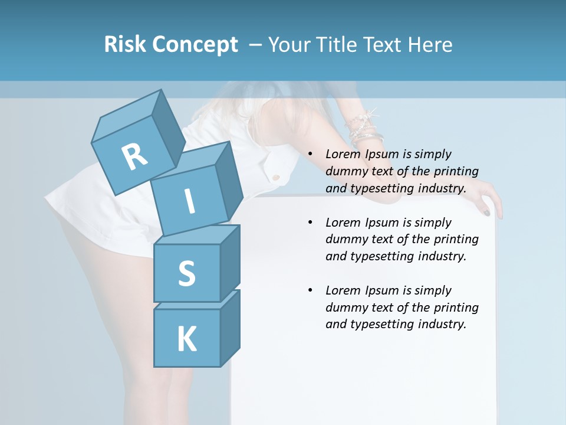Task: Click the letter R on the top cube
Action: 134,157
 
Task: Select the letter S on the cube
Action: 186,273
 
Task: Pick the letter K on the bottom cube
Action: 186,339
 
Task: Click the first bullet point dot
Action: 311,155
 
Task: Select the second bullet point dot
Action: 311,223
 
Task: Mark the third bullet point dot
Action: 311,290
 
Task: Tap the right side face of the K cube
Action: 230,327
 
